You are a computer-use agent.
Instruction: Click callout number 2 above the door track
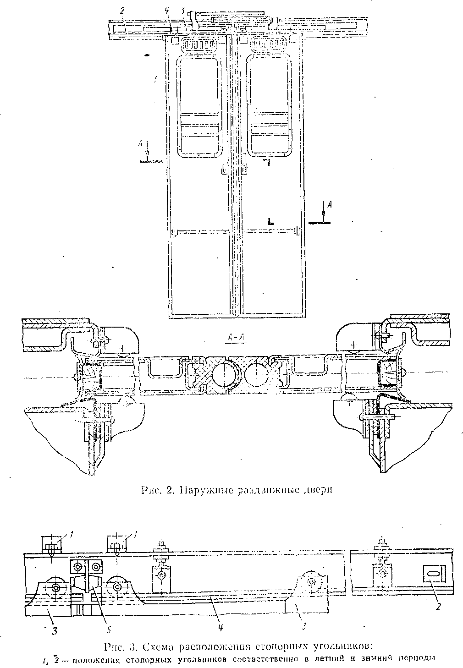click(122, 11)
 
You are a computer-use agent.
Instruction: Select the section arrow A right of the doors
click(324, 208)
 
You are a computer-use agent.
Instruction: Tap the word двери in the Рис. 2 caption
click(315, 490)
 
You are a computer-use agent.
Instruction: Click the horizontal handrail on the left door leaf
click(199, 230)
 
